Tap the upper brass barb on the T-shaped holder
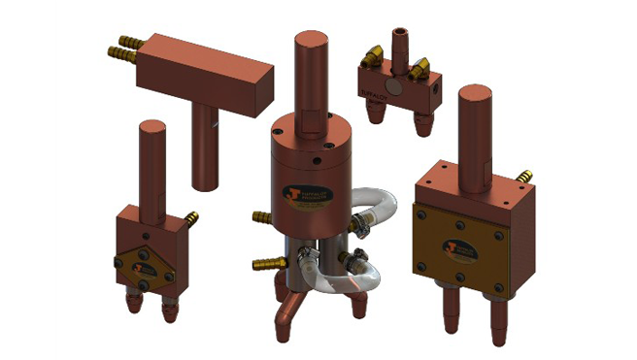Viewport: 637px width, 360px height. [x=125, y=46]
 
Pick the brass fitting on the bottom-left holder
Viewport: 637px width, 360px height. [x=191, y=217]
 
